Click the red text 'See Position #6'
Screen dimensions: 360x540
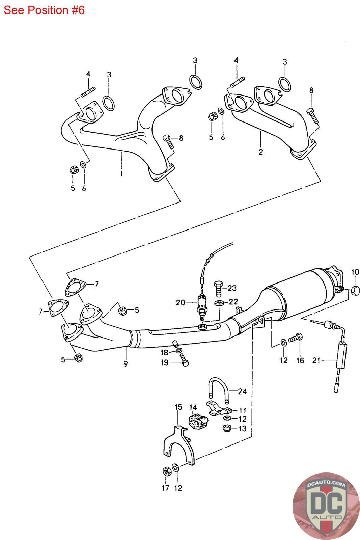pyautogui.click(x=44, y=10)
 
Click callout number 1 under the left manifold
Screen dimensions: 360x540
pyautogui.click(x=121, y=173)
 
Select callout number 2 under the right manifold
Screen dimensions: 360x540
pyautogui.click(x=261, y=152)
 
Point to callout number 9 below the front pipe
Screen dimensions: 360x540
pyautogui.click(x=126, y=364)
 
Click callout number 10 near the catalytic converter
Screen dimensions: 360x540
pyautogui.click(x=355, y=272)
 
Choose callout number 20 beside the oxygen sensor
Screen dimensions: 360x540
pyautogui.click(x=180, y=302)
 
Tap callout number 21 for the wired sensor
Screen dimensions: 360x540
pyautogui.click(x=316, y=360)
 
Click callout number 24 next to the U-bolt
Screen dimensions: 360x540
pyautogui.click(x=242, y=391)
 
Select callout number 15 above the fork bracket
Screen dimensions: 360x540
pyautogui.click(x=178, y=407)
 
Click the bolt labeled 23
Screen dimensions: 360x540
pyautogui.click(x=218, y=289)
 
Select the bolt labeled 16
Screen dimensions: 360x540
pyautogui.click(x=296, y=338)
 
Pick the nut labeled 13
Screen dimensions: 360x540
pyautogui.click(x=227, y=428)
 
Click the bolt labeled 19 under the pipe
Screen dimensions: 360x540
pyautogui.click(x=184, y=360)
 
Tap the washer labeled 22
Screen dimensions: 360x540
pyautogui.click(x=219, y=302)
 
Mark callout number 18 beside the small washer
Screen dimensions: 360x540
pyautogui.click(x=164, y=352)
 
